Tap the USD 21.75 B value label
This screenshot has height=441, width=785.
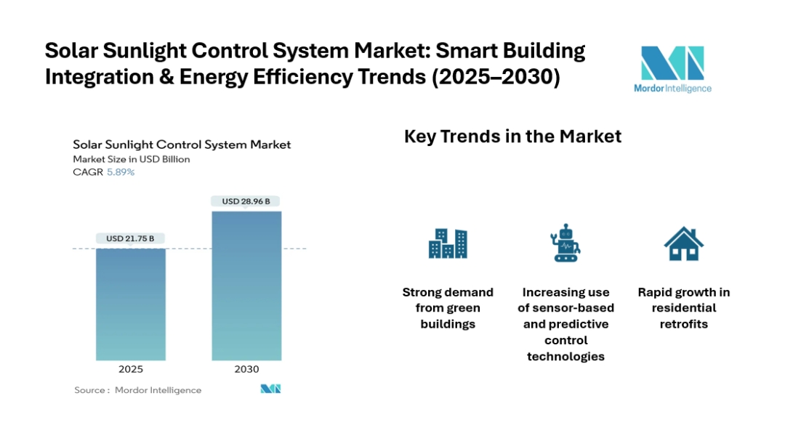[131, 238]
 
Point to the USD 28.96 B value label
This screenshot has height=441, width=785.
[246, 201]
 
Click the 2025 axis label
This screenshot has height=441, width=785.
[131, 369]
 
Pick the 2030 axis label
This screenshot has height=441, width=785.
[246, 369]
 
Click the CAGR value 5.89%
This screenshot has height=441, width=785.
[120, 172]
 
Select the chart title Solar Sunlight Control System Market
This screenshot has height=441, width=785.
[182, 145]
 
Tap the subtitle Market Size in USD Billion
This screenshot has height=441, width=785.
[131, 159]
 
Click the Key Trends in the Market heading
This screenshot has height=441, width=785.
[512, 137]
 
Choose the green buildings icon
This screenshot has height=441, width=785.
[448, 243]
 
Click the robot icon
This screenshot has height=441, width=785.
[565, 243]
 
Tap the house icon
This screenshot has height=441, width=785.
[683, 243]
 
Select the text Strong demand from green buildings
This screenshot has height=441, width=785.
[448, 308]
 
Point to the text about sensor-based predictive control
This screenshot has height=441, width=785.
[565, 324]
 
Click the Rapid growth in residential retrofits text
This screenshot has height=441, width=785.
[683, 308]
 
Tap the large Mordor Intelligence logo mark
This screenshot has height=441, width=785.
[672, 63]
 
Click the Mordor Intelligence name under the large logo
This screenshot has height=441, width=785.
[672, 89]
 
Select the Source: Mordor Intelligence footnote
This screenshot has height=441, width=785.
[138, 390]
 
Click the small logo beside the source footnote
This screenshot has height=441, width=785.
[270, 389]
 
